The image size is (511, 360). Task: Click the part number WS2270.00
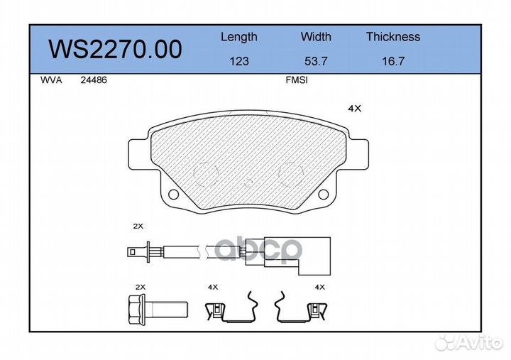click(x=116, y=49)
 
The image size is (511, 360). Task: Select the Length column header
click(x=239, y=37)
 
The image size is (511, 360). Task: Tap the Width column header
click(x=316, y=36)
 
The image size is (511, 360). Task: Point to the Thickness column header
click(x=393, y=36)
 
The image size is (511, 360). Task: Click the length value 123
click(x=239, y=61)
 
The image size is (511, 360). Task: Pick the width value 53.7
click(x=316, y=61)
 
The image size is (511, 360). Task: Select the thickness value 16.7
click(x=393, y=61)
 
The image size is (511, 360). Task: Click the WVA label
click(x=51, y=80)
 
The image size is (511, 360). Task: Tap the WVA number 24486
click(x=94, y=80)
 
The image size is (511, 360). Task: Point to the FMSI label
click(x=297, y=80)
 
